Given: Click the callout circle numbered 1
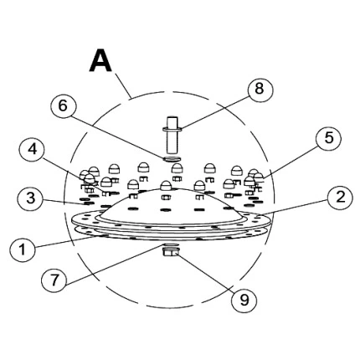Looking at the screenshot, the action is coord(23,249).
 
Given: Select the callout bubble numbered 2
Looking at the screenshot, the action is coord(340,198).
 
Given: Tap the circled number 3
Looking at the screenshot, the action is coord(30,198).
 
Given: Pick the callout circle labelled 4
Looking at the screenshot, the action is coord(33,150).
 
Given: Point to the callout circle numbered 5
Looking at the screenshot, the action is coord(329,138).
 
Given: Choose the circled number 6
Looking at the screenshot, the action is coord(64,106).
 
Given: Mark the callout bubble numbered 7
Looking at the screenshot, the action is coord(54,280).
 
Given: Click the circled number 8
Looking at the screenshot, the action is coord(260,90).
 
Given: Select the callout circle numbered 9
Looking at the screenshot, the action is coord(244,300).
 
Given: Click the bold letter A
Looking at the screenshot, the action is coord(100,60).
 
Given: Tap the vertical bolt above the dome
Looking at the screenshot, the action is coord(172,135).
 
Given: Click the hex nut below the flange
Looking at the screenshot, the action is coord(171,252).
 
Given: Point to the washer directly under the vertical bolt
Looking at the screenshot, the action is coord(172,159).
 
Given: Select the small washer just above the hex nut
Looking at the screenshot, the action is coord(171,244).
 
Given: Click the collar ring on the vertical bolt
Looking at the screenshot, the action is coord(172,129).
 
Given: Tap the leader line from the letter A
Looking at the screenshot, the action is coord(123,85).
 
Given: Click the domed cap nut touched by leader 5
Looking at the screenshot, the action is coord(259,177).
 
